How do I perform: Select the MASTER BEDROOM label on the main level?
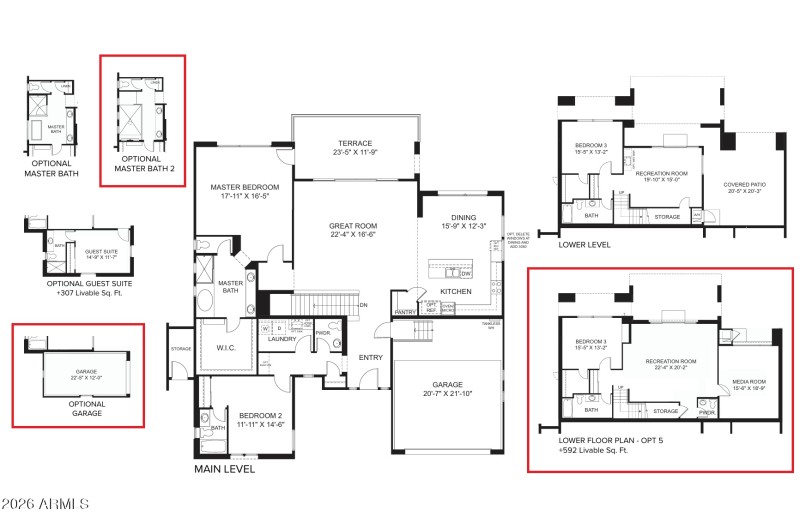pos(244,188)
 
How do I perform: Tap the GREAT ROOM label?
pos(353,226)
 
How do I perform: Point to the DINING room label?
pos(461,218)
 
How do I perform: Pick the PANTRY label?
pos(404,312)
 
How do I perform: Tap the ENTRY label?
pos(371,356)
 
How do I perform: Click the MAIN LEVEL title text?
pos(224,468)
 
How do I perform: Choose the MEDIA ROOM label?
pos(749,380)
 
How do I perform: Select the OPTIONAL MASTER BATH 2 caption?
pos(141,163)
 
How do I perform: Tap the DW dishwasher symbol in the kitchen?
pos(466,272)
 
